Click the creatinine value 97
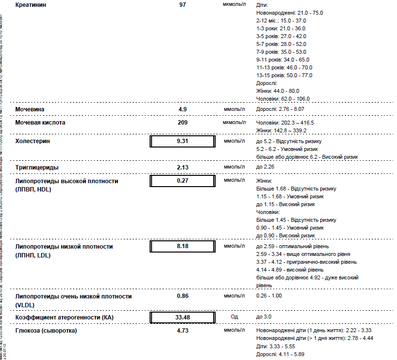[182, 4]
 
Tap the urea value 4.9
[182, 109]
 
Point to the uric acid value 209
[182, 123]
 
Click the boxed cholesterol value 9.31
[182, 141]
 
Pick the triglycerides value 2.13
[182, 168]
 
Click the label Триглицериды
[37, 168]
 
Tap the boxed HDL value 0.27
[182, 180]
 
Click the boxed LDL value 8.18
[182, 247]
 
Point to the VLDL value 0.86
[182, 296]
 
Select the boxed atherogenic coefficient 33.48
[182, 318]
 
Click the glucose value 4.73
[182, 331]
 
